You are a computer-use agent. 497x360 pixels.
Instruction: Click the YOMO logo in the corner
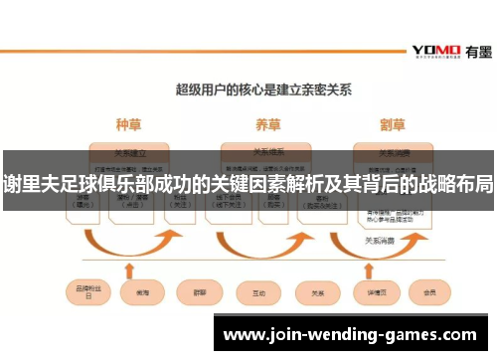click(x=434, y=49)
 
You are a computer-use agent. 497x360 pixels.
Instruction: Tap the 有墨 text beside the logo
click(x=473, y=49)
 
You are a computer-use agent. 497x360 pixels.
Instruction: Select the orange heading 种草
click(x=128, y=125)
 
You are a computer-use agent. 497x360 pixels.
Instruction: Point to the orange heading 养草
click(x=266, y=125)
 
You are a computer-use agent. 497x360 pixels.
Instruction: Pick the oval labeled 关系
click(x=318, y=292)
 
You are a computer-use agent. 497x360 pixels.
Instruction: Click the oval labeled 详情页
click(x=374, y=292)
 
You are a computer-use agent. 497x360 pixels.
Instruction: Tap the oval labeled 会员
click(x=429, y=292)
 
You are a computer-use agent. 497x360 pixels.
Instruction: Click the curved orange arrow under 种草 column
click(x=128, y=244)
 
